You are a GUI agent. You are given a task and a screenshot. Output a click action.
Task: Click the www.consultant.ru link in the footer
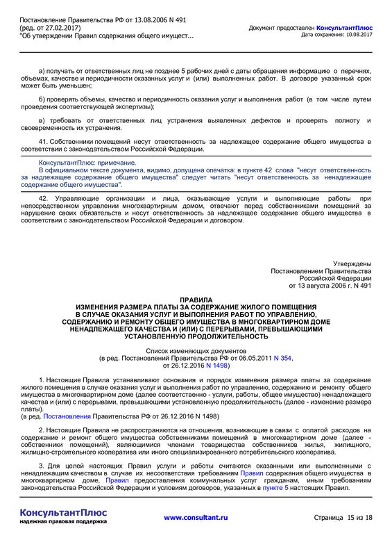(196, 517)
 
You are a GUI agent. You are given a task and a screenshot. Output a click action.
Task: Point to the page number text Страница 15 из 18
(343, 518)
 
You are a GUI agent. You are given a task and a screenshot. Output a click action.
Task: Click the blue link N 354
(282, 358)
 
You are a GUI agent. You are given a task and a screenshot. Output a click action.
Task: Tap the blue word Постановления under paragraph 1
(67, 416)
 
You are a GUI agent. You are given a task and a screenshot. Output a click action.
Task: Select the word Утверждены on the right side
(352, 264)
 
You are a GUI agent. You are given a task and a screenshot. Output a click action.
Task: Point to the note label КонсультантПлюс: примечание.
(87, 163)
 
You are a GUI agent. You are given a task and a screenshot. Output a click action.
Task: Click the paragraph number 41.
(43, 142)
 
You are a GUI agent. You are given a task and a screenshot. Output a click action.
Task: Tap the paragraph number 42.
(43, 199)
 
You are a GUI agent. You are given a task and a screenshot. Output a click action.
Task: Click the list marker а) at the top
(42, 72)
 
